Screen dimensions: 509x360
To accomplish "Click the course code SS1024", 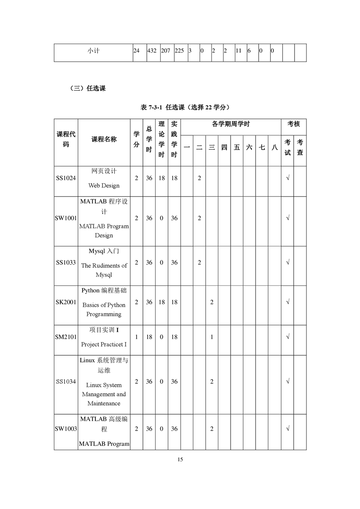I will click(66, 178).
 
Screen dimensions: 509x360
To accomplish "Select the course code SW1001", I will click(66, 218).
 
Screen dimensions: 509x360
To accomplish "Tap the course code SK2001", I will click(66, 302).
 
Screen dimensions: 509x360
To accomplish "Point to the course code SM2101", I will click(66, 337).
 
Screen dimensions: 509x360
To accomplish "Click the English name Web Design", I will click(104, 186).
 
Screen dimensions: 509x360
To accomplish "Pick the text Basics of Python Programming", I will click(104, 310).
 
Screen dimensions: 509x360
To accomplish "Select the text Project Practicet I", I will click(104, 344).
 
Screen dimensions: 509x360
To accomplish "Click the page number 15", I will click(180, 460).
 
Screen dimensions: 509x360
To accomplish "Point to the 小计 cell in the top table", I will click(94, 51).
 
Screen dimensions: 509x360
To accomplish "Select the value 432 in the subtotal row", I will click(152, 51).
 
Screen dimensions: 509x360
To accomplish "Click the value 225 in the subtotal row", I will click(179, 51).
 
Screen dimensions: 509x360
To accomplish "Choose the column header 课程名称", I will click(104, 139).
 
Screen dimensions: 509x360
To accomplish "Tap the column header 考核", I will click(293, 124).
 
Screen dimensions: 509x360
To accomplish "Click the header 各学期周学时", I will click(231, 124).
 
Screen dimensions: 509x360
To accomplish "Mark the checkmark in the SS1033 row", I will click(288, 263).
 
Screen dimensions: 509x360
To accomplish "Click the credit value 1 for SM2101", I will click(137, 337).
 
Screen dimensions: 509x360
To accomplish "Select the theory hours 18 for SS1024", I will click(162, 178).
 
